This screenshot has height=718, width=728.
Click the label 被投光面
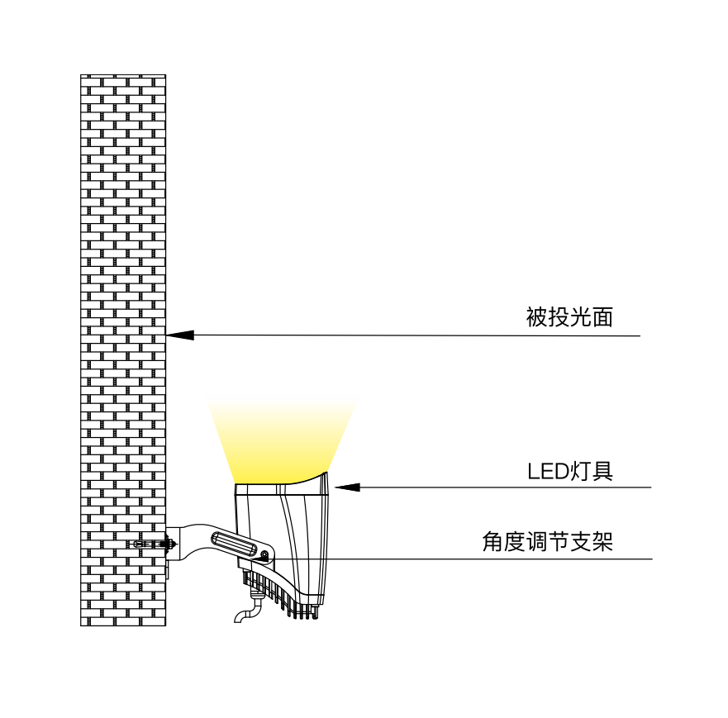pyautogui.click(x=569, y=317)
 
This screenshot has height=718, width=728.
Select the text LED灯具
pyautogui.click(x=570, y=471)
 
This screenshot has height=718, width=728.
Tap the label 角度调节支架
pyautogui.click(x=547, y=542)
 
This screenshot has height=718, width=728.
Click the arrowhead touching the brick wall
pyautogui.click(x=180, y=335)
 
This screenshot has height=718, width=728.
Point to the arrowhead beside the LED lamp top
pyautogui.click(x=346, y=487)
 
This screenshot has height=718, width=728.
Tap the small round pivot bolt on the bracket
pyautogui.click(x=264, y=554)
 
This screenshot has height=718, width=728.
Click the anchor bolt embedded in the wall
pyautogui.click(x=153, y=544)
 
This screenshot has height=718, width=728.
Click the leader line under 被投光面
pyautogui.click(x=413, y=335)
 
